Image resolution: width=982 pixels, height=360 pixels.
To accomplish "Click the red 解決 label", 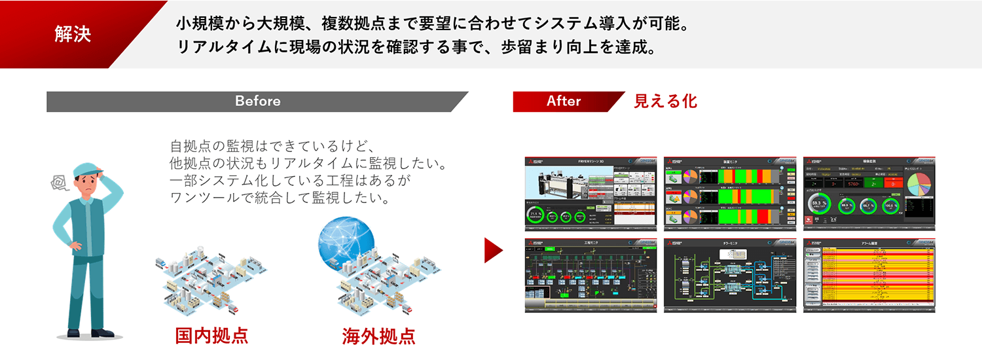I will (72, 35).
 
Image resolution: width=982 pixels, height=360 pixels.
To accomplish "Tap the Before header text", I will (257, 101).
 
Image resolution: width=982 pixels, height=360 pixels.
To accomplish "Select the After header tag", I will (564, 101).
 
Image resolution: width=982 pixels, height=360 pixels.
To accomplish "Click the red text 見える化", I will (665, 101).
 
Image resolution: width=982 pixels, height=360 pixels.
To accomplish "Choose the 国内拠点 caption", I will (211, 335).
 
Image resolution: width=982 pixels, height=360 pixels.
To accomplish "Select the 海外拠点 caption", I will (378, 335).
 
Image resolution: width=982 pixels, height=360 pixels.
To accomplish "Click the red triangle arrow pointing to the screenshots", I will (492, 250).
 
